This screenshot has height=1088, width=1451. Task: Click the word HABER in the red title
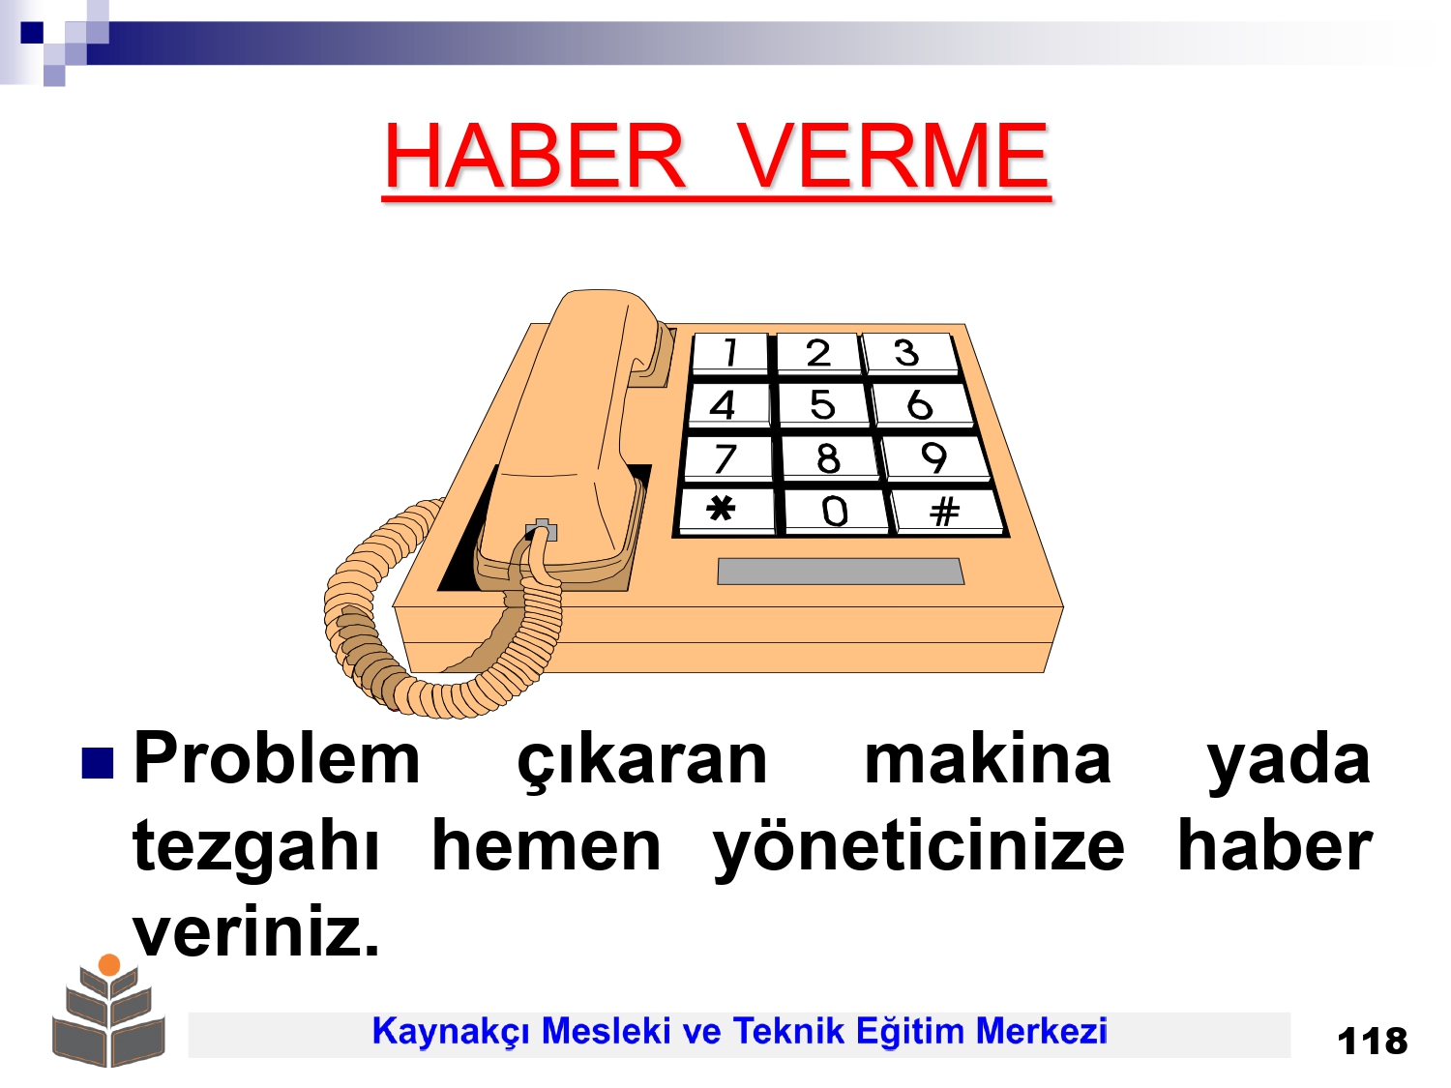coord(534,156)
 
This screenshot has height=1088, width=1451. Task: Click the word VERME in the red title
coord(892,156)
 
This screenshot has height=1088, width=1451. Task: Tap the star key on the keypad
coord(725,510)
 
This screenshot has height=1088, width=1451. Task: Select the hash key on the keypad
coord(947,511)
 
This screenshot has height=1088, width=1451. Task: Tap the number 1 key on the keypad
coord(729,353)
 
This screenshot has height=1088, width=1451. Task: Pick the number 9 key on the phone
coord(934,457)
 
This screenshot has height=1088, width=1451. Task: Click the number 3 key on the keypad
coord(909,353)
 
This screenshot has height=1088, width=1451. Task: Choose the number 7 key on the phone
coord(727,457)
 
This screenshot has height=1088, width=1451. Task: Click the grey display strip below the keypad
coord(841,572)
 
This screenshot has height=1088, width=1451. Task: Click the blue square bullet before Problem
coord(97,763)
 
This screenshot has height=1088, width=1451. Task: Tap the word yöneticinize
coord(918,848)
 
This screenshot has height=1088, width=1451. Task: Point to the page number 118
coord(1373,1042)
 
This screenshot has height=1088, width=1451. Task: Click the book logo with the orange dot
coord(109,1010)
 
